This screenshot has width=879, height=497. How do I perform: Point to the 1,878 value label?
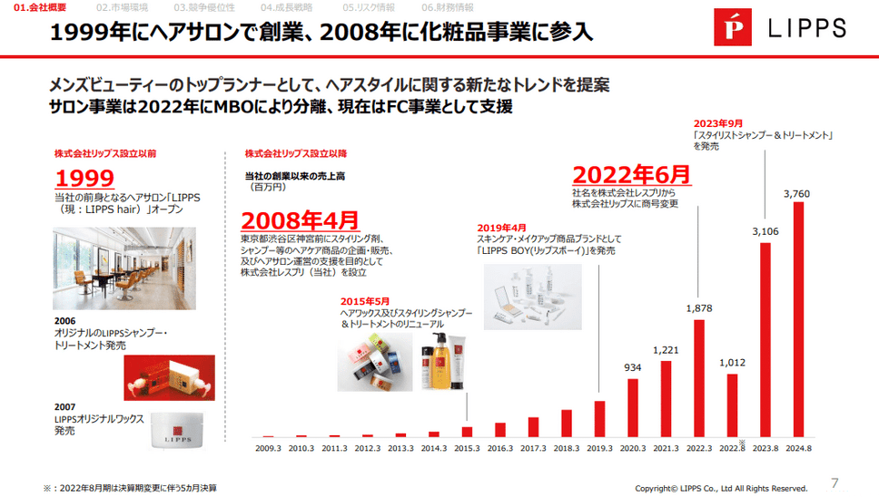coord(698,308)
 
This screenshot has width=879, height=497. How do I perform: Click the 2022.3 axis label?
coord(699,447)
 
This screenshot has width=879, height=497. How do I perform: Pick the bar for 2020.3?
coord(633,408)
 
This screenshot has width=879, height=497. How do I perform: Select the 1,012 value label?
coord(732,364)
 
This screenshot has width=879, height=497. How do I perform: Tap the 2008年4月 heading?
coord(300,220)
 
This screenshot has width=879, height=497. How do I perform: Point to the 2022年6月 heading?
coord(631,173)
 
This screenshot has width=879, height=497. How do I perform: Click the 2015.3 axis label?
coord(467,447)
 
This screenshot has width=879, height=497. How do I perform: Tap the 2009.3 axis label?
coord(268,447)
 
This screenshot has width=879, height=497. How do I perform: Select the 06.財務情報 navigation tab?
coord(448,7)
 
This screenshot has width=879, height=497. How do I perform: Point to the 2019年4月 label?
coord(501,227)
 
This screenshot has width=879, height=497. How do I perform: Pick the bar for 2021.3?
coord(666,399)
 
